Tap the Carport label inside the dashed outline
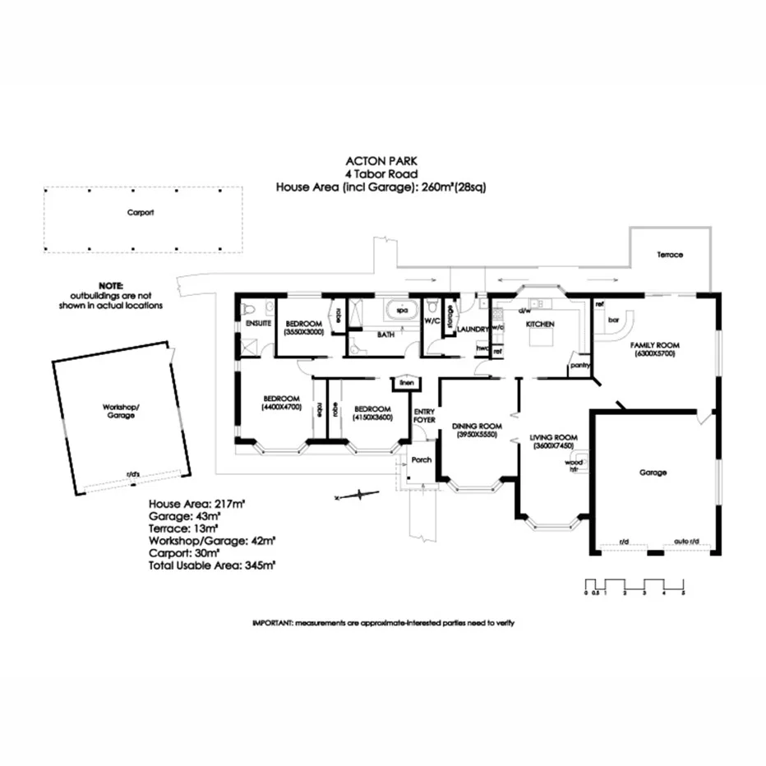(141, 212)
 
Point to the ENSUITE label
(258, 325)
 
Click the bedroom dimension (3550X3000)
(303, 333)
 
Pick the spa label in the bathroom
(403, 311)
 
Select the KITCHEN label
(540, 325)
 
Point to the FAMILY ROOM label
(653, 345)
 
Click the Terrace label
(669, 255)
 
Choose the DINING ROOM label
(476, 426)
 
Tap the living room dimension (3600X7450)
(553, 445)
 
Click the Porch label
(421, 459)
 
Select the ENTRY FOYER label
(424, 416)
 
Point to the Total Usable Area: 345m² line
(211, 565)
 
